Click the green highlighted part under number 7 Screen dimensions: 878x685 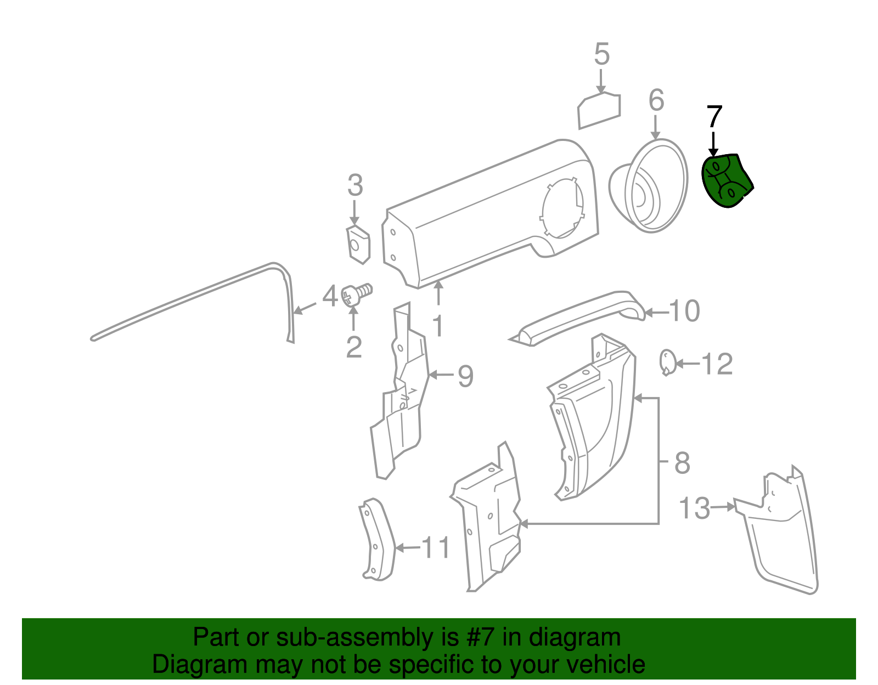[x=726, y=180]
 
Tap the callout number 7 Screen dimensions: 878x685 [x=714, y=117]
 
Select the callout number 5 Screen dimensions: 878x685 [x=601, y=54]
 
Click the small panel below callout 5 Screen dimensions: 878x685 [x=599, y=111]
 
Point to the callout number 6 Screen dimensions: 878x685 [x=656, y=100]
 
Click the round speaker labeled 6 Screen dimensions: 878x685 [x=649, y=186]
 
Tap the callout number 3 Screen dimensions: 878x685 [x=355, y=185]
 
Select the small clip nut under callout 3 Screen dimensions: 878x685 [x=358, y=245]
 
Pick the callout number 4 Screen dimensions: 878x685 [x=330, y=296]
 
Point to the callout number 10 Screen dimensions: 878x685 [x=684, y=311]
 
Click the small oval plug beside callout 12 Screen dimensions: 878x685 [x=667, y=362]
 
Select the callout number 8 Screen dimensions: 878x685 [x=683, y=463]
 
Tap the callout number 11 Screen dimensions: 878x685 [x=436, y=547]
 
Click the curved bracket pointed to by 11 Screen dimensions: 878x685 [x=378, y=539]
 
